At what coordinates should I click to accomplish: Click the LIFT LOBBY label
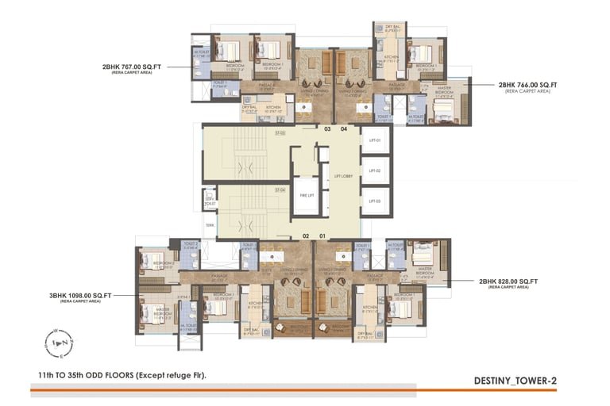tap(343, 175)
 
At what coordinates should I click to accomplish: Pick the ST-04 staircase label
tap(280, 190)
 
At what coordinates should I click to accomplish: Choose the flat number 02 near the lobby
tap(306, 236)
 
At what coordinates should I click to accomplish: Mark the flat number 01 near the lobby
tap(322, 236)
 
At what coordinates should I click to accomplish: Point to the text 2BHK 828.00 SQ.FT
tap(508, 282)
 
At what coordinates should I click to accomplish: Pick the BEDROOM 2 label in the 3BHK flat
tap(164, 265)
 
